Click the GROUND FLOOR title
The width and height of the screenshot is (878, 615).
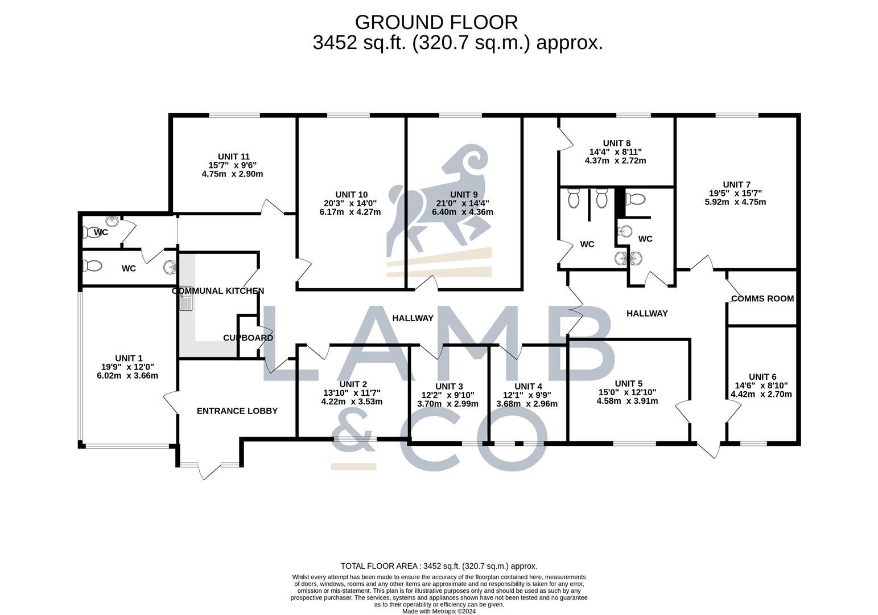(x=436, y=22)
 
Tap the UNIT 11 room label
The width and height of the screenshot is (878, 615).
(x=234, y=157)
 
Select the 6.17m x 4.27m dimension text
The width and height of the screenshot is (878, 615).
(x=350, y=212)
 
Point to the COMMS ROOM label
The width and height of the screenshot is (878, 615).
(x=762, y=299)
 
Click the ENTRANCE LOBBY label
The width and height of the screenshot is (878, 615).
(x=237, y=411)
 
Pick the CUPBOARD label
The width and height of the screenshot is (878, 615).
(x=248, y=338)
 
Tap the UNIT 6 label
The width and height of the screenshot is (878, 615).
(x=762, y=378)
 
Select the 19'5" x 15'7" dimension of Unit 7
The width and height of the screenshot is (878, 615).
(x=735, y=194)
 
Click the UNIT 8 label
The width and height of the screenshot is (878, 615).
(x=617, y=143)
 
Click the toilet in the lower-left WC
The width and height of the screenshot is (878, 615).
(x=92, y=266)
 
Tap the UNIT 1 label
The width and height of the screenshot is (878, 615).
(x=129, y=359)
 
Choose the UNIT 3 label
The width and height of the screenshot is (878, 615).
(x=449, y=387)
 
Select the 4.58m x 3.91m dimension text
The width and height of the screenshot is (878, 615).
(x=627, y=401)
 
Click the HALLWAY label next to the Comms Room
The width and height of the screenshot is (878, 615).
(x=647, y=313)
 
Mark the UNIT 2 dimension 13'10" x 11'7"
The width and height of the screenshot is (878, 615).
(x=352, y=393)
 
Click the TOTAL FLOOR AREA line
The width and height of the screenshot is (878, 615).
(x=439, y=566)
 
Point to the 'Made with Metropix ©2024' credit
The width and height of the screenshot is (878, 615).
(x=439, y=611)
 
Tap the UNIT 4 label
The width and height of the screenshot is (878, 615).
(x=529, y=387)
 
